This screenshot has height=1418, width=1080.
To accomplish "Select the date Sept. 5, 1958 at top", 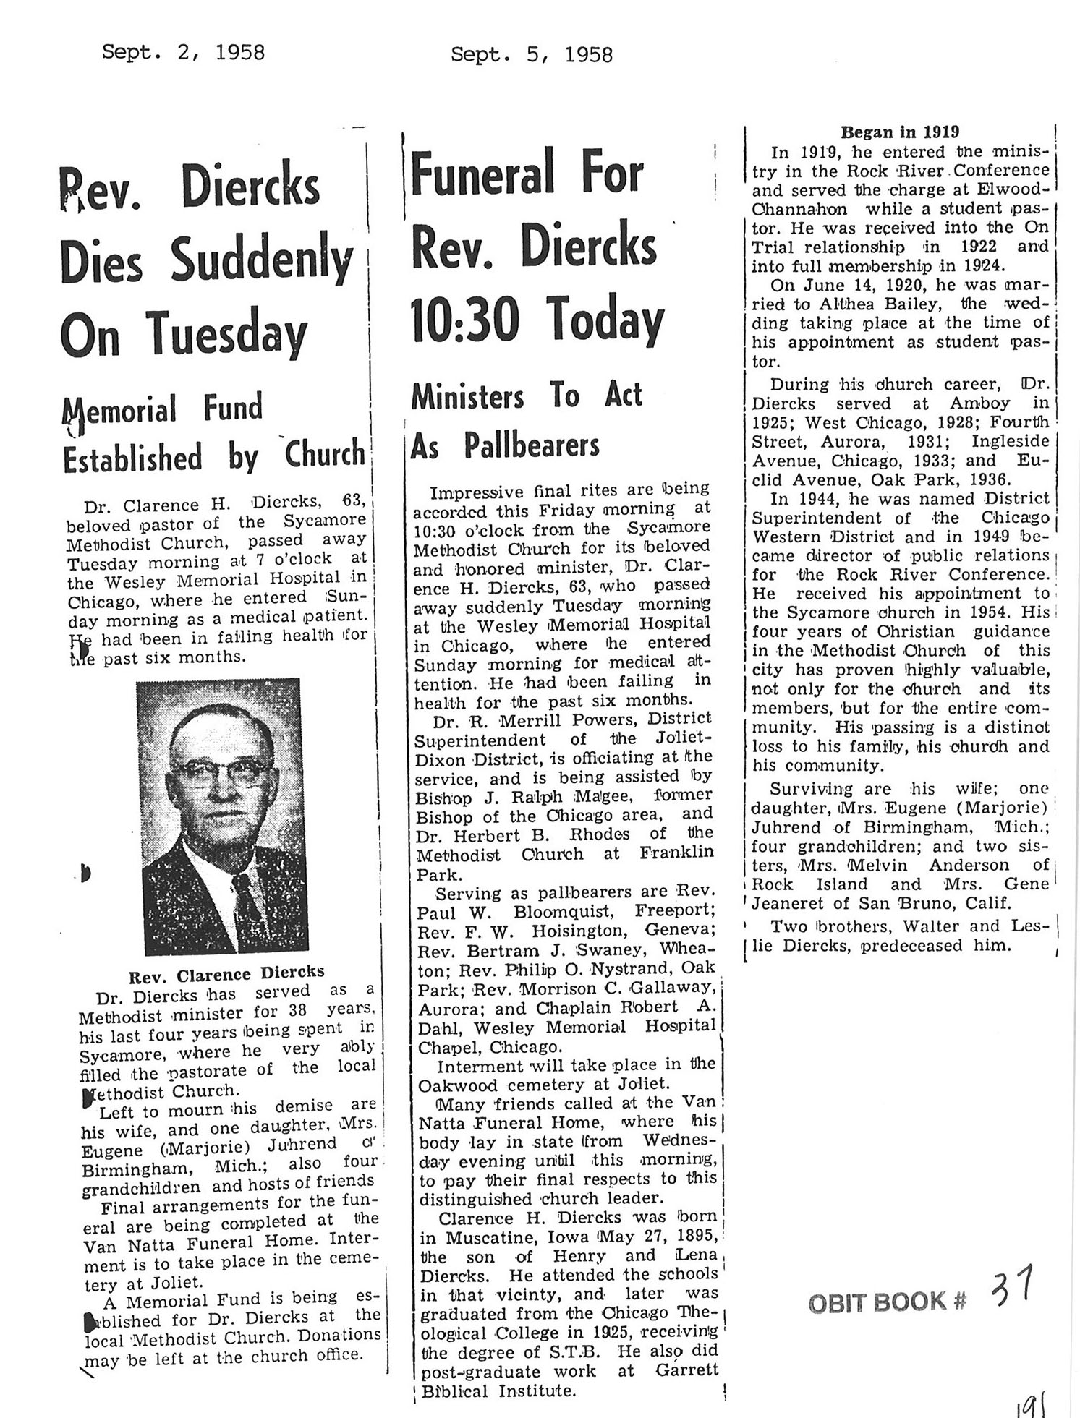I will (531, 54).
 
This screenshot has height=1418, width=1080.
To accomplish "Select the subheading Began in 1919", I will (900, 132).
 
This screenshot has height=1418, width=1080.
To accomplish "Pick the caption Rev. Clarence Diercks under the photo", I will (226, 973).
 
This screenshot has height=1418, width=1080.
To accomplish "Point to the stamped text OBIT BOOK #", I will (887, 1302).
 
